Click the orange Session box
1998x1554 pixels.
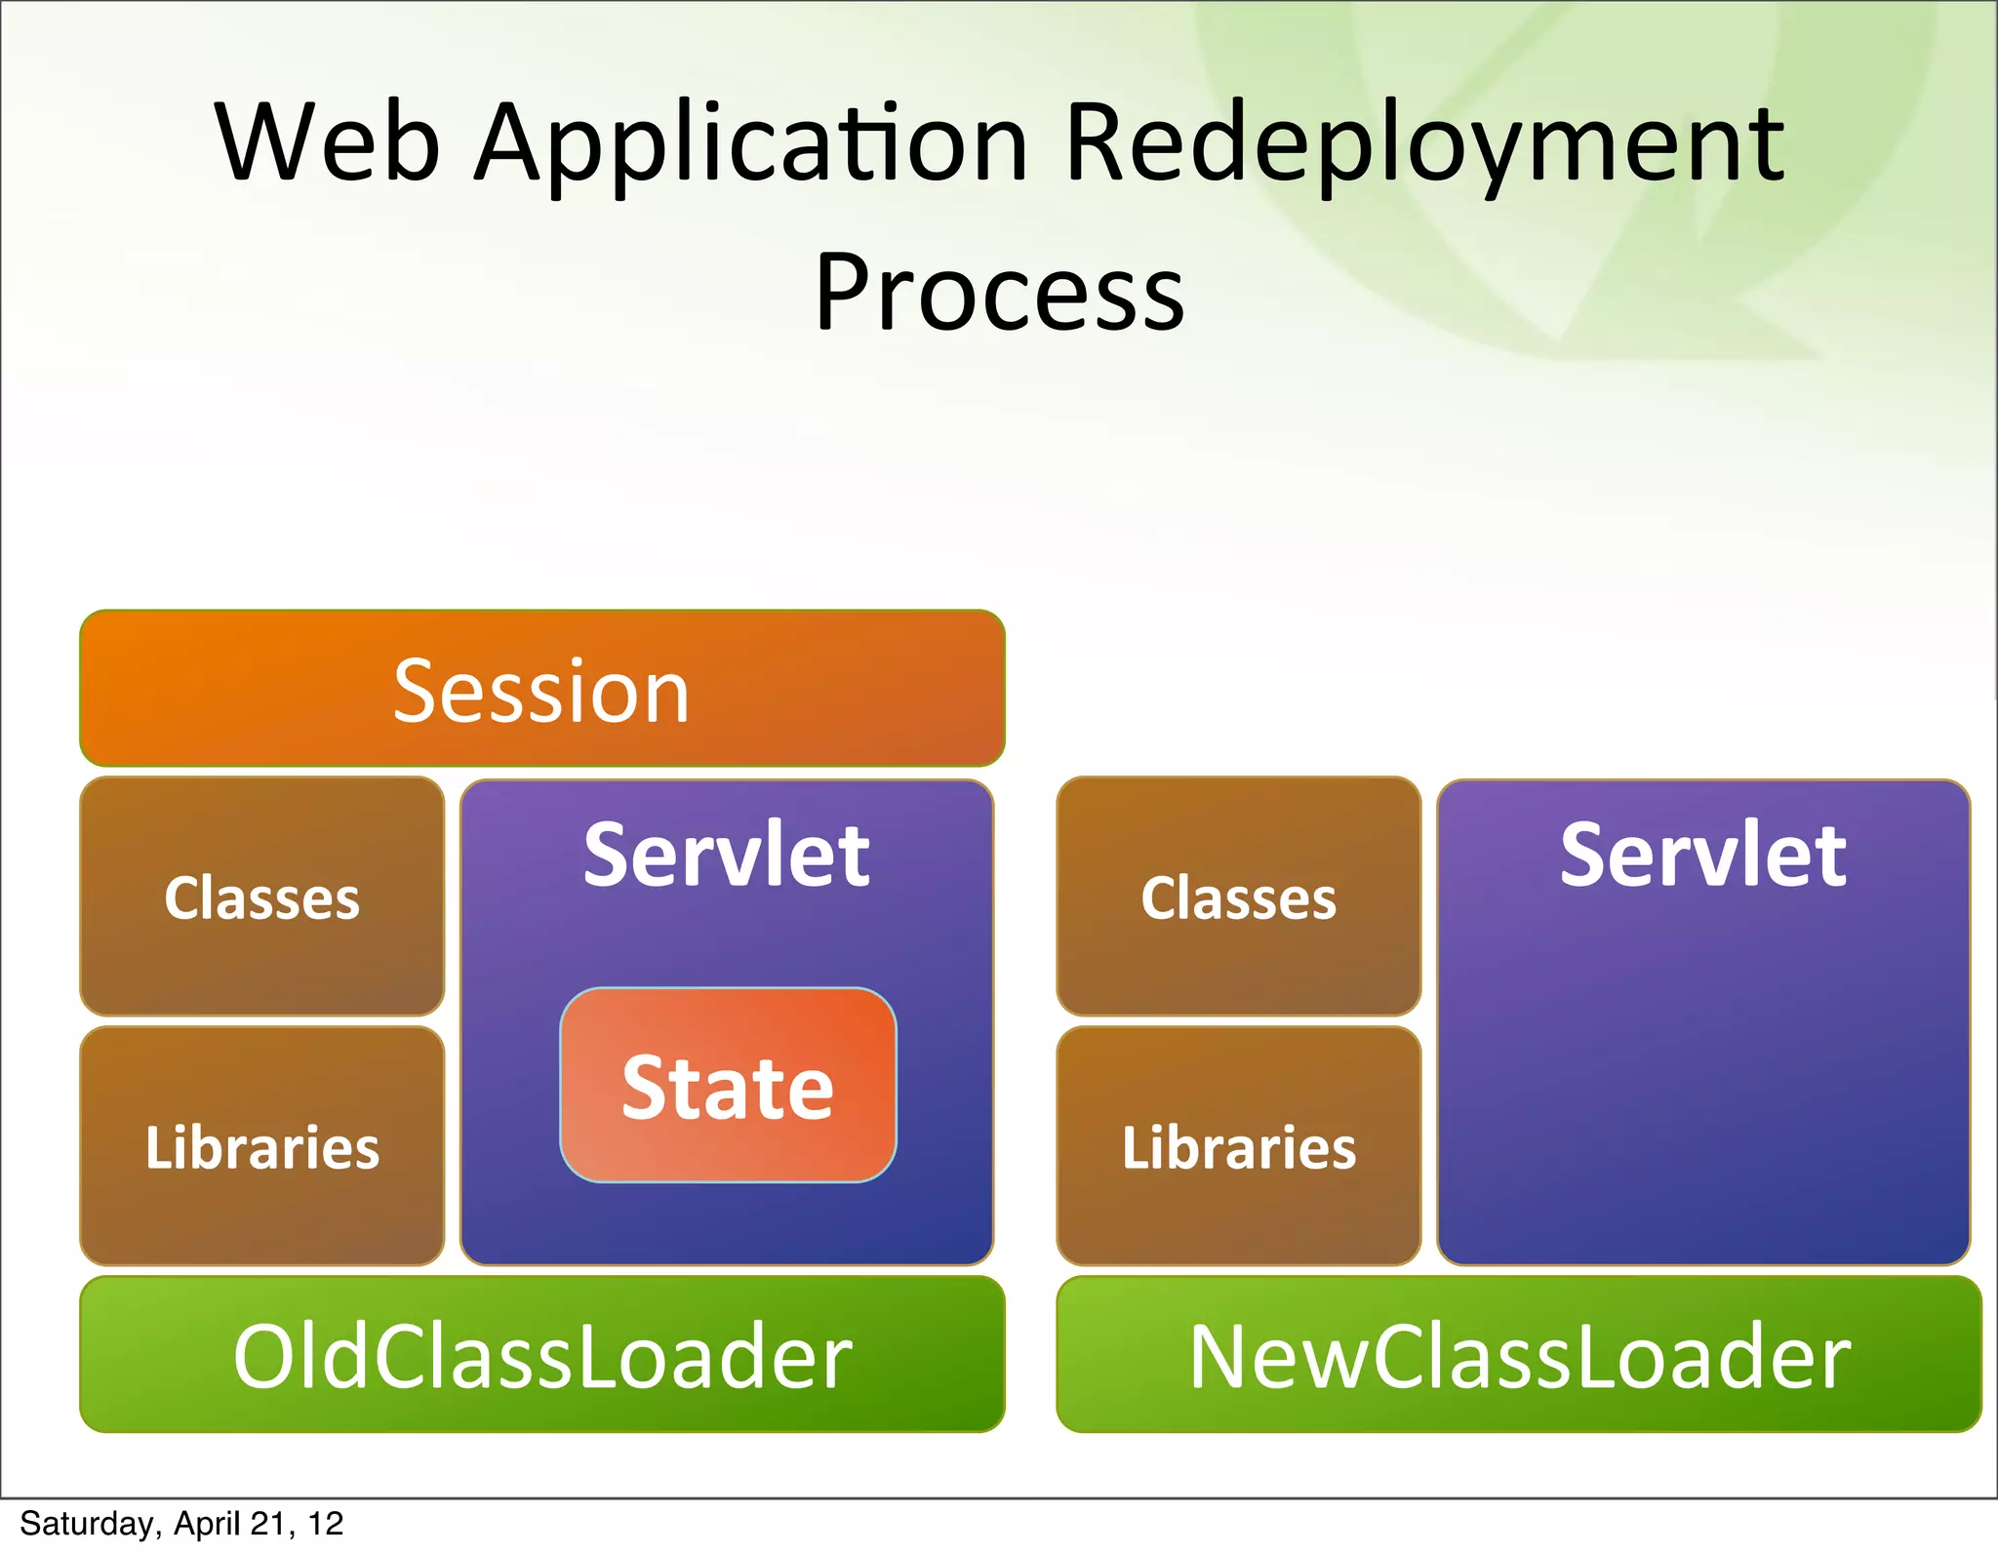542,689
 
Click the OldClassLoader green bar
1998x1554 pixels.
542,1355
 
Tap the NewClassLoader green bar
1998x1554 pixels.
1519,1355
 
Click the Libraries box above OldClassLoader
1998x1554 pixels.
261,1147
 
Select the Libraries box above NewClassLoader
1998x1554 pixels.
1238,1147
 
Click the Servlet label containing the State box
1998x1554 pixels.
727,856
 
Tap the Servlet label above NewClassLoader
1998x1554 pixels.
1702,856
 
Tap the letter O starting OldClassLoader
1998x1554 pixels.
264,1357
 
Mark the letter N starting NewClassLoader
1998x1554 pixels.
1223,1357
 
